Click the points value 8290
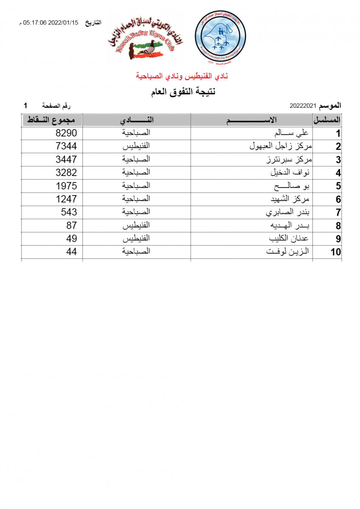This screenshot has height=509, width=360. click(66, 133)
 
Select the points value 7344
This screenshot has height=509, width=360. click(66, 146)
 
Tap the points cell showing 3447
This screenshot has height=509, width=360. click(66, 159)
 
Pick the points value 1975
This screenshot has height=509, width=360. click(66, 186)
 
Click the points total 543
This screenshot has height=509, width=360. click(69, 212)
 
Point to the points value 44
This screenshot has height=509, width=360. click(71, 252)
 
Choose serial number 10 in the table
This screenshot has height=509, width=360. click(335, 252)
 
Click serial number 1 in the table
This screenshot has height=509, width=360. click(338, 134)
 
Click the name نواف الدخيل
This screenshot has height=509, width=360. click(290, 173)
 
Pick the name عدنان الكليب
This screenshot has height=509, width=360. click(289, 238)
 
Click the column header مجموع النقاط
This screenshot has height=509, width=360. click(52, 120)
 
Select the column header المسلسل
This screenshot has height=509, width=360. click(327, 120)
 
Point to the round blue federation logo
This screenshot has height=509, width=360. click(220, 38)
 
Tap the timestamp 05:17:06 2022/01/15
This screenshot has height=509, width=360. click(51, 23)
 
